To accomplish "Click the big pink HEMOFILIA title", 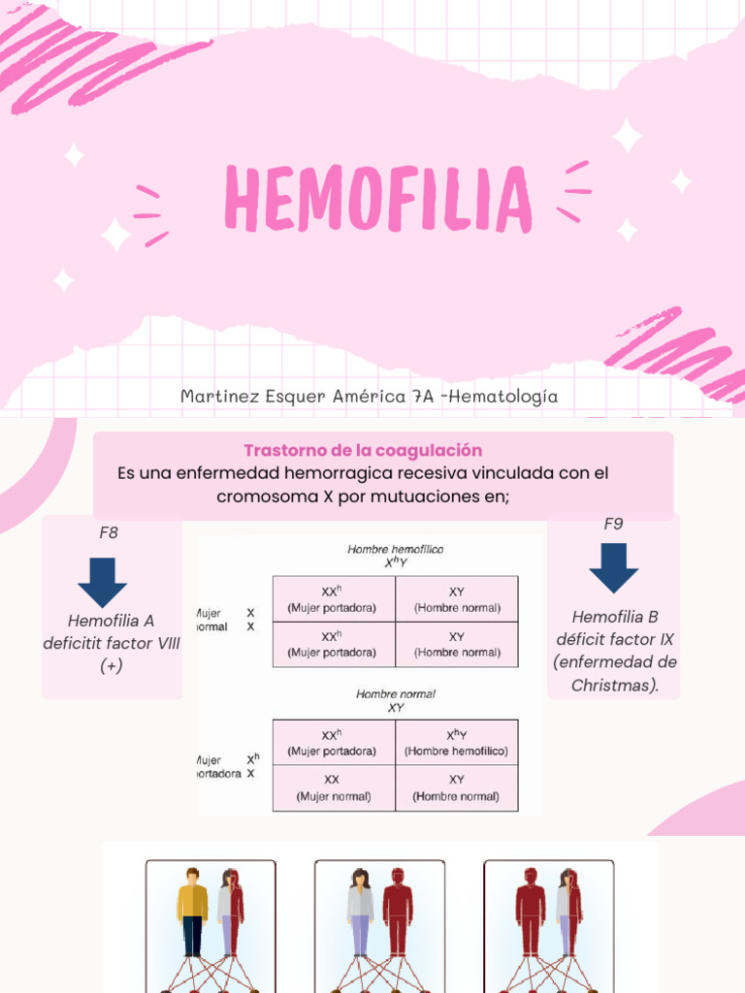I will coord(377,199).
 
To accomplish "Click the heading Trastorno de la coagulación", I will coord(363,450).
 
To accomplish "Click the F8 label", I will coord(109,532).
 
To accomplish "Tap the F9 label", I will coord(613,524).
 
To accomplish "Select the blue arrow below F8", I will coord(102,582).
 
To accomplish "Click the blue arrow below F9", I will coord(613,567).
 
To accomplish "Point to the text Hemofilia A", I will coord(111,621).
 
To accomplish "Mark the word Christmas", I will coord(613,686).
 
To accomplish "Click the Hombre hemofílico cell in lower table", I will coord(457,743).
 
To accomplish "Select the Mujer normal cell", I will coord(333,788).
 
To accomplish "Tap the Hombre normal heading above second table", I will coord(396,694).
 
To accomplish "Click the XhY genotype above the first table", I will coord(396,562).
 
